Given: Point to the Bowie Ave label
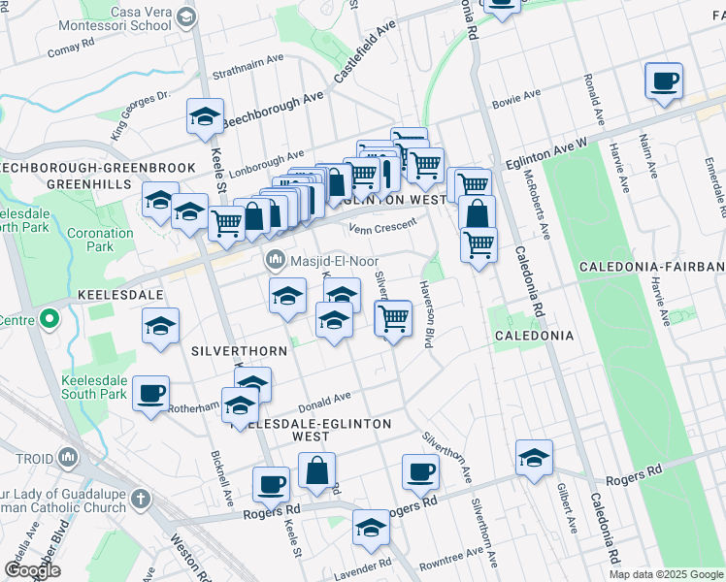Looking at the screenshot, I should [516, 96].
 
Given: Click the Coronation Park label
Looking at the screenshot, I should [100, 240].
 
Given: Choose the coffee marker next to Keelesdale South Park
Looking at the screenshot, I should [150, 394].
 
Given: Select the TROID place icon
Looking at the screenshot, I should [68, 456].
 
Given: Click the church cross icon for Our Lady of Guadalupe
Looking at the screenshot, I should [142, 499].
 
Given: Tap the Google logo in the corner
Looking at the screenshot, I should [33, 569].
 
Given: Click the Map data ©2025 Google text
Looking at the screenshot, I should [666, 574].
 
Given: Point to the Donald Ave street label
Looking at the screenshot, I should [325, 399].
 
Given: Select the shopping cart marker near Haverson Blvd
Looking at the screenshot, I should [393, 317].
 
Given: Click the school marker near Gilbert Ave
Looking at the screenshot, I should [534, 459].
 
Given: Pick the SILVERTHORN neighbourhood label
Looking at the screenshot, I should [228, 349].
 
